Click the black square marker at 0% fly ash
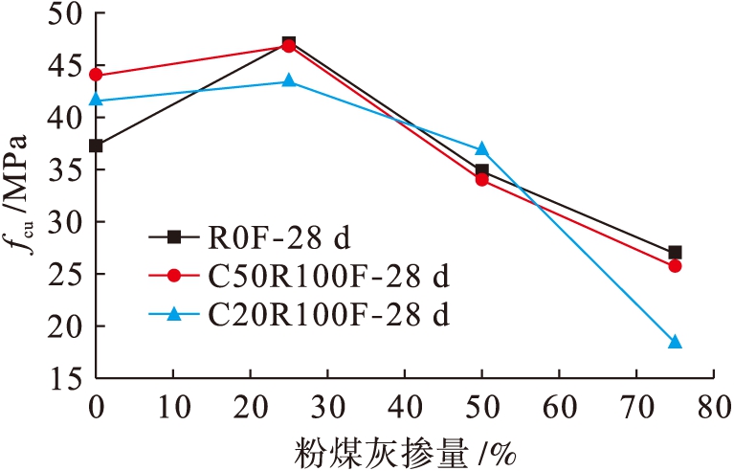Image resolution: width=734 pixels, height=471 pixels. point(96,146)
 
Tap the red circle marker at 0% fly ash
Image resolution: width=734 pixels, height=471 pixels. point(96,75)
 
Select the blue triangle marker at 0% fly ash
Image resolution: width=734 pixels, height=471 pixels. point(96,100)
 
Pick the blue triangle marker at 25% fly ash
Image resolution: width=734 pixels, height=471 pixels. point(289,81)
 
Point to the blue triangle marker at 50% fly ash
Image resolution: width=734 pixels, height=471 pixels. point(482,148)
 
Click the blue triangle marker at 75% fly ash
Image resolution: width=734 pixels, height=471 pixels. point(675,342)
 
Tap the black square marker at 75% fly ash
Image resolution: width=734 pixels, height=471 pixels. point(675,253)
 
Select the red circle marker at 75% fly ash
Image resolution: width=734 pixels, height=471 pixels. point(675,266)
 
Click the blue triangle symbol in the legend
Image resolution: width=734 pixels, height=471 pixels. point(173,313)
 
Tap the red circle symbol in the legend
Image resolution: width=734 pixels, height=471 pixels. point(173,276)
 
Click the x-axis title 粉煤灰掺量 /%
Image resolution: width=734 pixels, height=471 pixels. point(404,447)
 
